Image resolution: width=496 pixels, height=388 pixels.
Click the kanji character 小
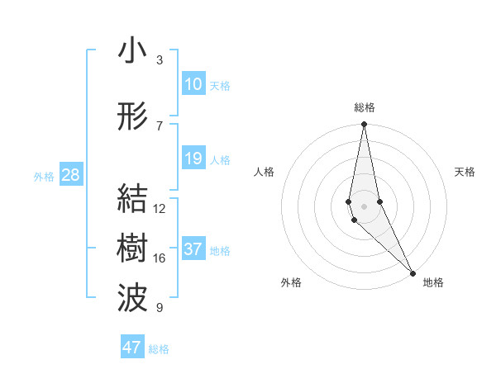tap(132, 50)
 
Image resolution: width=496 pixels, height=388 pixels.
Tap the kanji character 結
tap(132, 199)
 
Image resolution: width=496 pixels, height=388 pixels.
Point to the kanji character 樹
tap(132, 248)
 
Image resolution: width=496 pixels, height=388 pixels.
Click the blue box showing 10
tap(193, 84)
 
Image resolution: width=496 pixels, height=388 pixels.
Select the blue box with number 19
tap(193, 159)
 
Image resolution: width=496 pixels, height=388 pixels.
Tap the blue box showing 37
tap(193, 249)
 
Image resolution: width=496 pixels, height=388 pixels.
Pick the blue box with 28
tap(70, 175)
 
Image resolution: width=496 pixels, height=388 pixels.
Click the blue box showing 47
tap(132, 348)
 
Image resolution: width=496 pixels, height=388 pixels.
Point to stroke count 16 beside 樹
tap(160, 258)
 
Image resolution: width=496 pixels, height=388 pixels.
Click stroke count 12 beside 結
tap(160, 209)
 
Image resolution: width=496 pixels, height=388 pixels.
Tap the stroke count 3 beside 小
tap(160, 60)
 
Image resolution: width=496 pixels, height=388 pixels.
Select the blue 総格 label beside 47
tap(159, 349)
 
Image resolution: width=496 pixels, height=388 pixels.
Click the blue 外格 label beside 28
tap(44, 177)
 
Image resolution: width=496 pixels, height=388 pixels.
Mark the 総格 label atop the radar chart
tap(365, 107)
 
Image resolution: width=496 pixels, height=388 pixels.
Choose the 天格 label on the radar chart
tap(465, 172)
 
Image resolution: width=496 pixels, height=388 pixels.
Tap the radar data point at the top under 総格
tap(365, 125)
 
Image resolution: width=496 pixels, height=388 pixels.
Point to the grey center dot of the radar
tap(365, 205)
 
